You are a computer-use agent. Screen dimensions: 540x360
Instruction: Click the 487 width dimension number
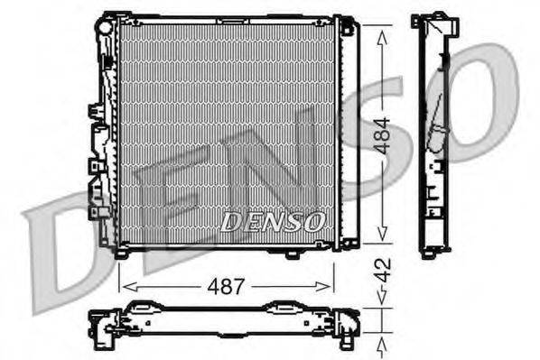pos(226,286)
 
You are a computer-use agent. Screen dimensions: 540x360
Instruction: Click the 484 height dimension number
pos(383,135)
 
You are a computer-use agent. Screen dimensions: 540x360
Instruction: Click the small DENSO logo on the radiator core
pos(273,221)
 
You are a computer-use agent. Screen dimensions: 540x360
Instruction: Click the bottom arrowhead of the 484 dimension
pos(382,233)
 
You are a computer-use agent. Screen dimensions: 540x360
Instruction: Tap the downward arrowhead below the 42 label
pos(382,298)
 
